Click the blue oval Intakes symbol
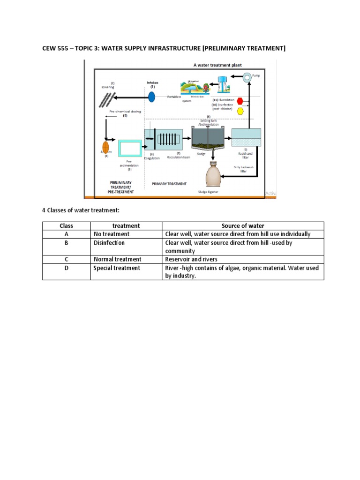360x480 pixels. tap(152, 97)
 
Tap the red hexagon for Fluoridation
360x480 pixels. tap(240, 101)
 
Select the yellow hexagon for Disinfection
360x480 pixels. tap(240, 111)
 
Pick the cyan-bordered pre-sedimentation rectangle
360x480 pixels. tap(130, 148)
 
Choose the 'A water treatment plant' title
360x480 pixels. tap(217, 65)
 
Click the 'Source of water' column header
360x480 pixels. tap(243, 226)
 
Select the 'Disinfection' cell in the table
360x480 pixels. tap(109, 243)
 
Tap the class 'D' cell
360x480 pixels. tap(66, 268)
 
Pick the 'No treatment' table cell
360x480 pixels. tap(111, 234)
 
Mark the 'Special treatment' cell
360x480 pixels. tap(117, 268)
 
